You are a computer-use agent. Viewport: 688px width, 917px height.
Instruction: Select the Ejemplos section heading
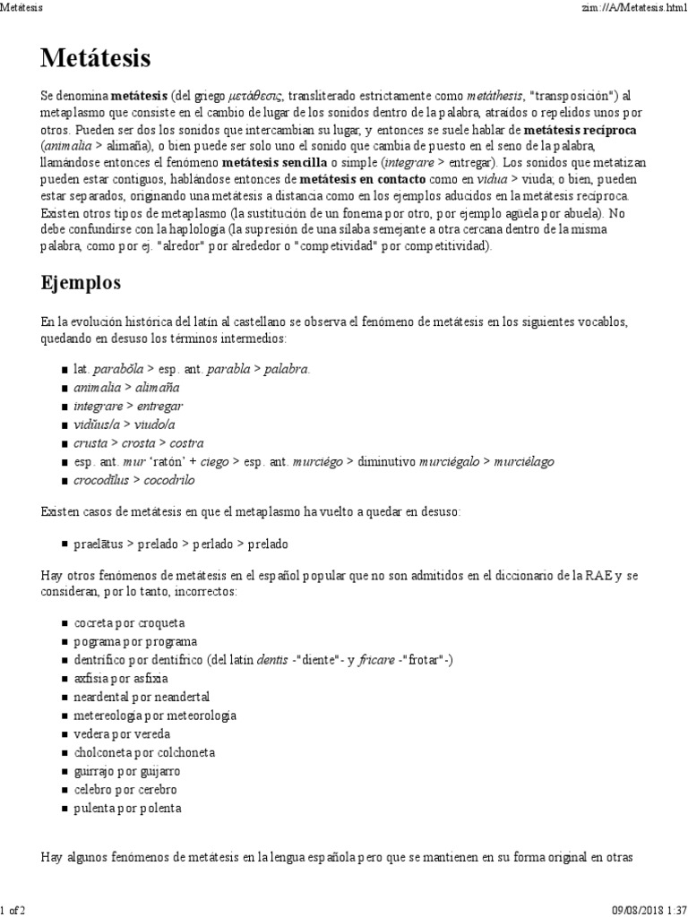click(81, 283)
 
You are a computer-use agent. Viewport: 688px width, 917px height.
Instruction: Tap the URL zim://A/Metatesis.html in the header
click(626, 7)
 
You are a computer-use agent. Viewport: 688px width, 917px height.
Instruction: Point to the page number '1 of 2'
click(13, 910)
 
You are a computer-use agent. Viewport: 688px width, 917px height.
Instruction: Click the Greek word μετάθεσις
click(255, 96)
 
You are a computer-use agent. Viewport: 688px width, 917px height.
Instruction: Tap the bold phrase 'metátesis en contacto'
click(358, 180)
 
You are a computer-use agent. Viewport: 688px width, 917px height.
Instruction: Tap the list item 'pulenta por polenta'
click(127, 808)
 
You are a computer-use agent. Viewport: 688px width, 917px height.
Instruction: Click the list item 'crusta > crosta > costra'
click(139, 442)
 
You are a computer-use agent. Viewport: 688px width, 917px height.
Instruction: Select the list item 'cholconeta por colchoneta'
click(144, 752)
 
